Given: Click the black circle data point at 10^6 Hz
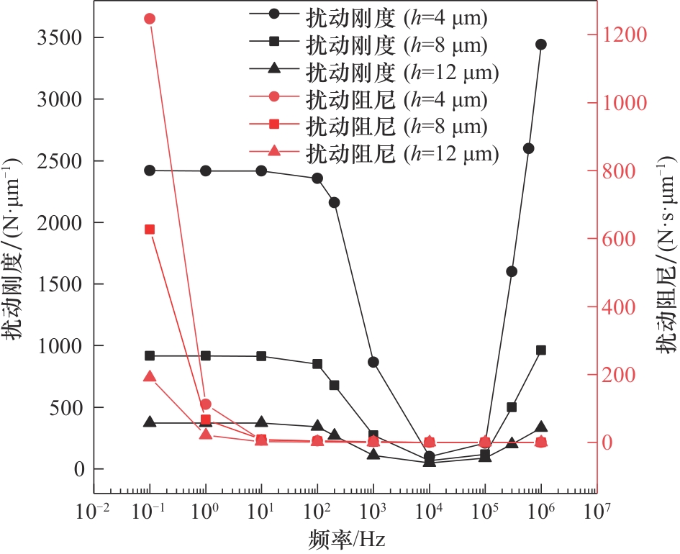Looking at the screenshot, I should (x=540, y=45).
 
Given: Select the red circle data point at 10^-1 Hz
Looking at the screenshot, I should (x=150, y=19).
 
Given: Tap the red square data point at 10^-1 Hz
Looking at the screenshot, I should (x=150, y=230).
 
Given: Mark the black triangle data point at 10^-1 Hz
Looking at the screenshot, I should (x=150, y=422).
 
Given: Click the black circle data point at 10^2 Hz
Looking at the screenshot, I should (x=317, y=178).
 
